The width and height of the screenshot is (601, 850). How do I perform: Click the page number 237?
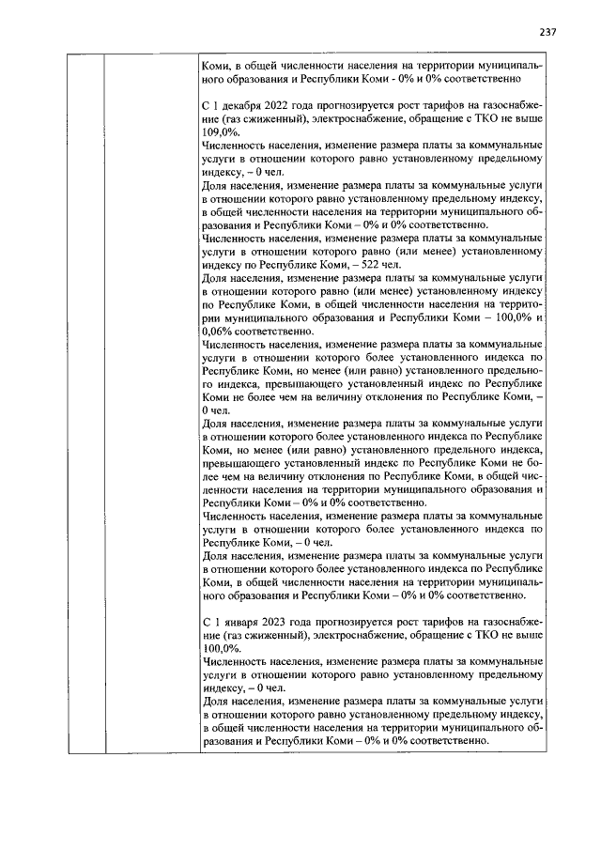click(x=549, y=31)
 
